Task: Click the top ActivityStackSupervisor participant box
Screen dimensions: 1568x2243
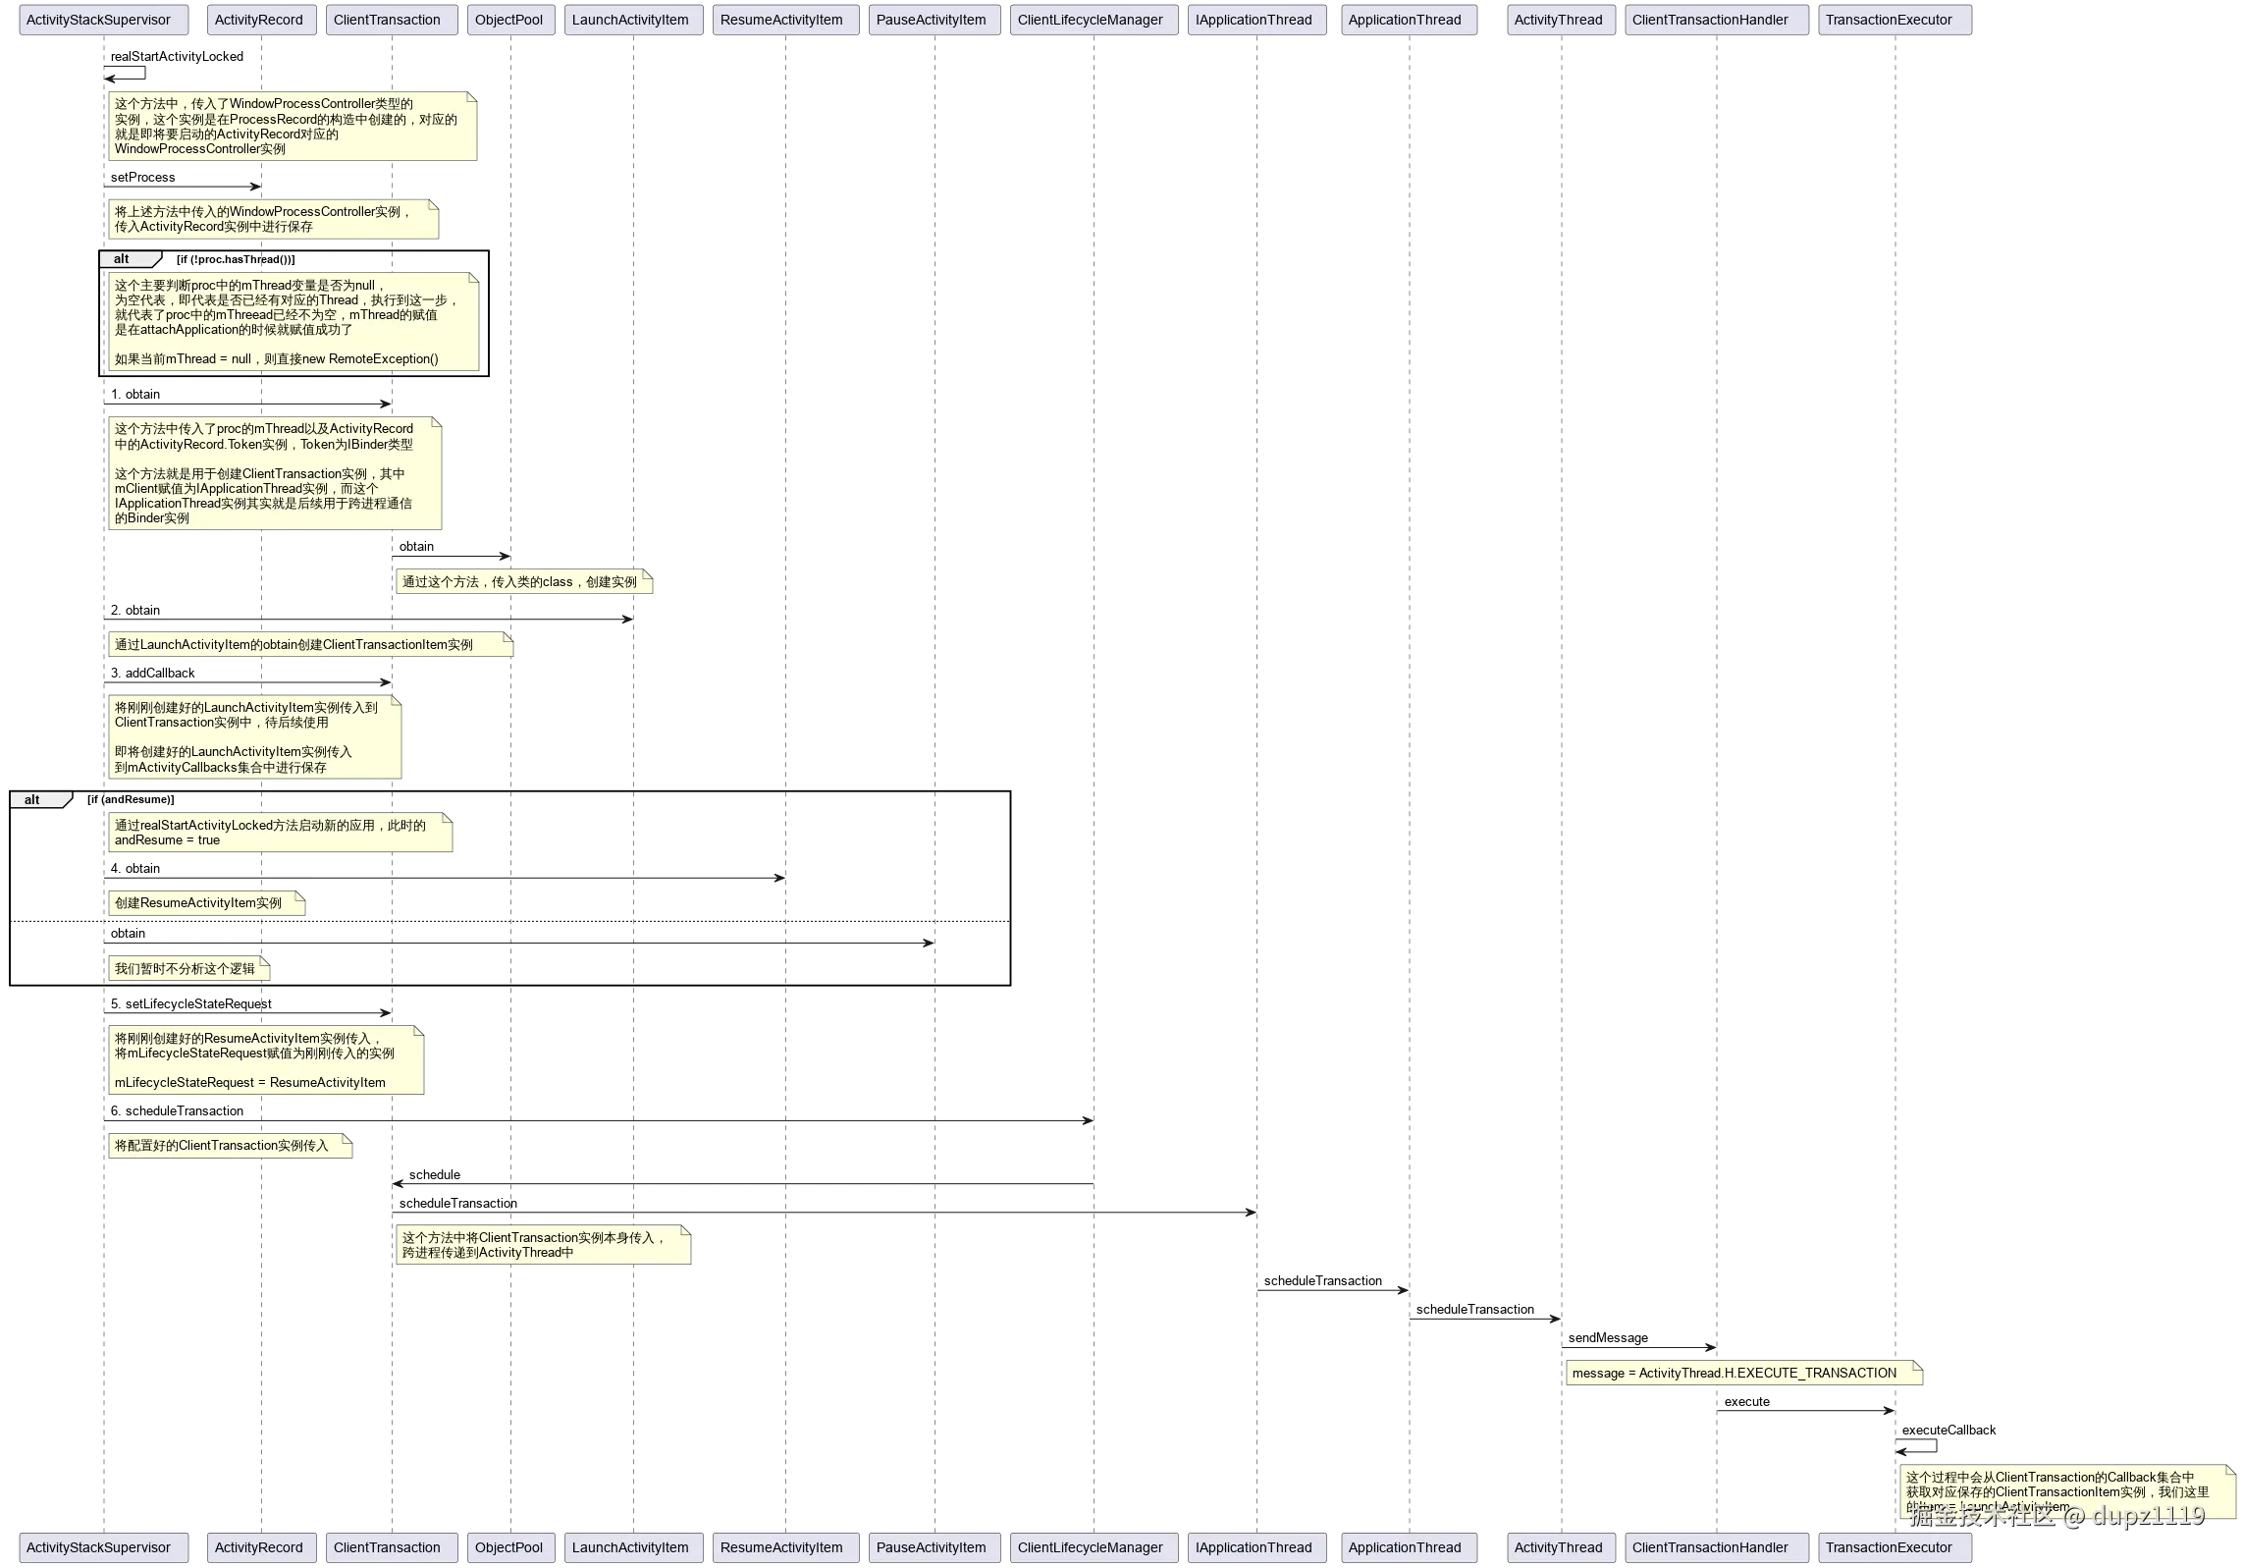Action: pyautogui.click(x=100, y=21)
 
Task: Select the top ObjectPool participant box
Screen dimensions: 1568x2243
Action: pyautogui.click(x=509, y=21)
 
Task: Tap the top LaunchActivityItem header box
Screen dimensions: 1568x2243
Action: pyautogui.click(x=631, y=21)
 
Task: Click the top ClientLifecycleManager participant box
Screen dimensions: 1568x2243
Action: pyautogui.click(x=1091, y=21)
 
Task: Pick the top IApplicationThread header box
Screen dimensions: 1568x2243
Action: pyautogui.click(x=1254, y=21)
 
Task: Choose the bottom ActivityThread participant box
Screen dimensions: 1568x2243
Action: pyautogui.click(x=1559, y=1547)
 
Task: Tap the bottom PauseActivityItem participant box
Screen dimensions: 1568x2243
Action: pyautogui.click(x=932, y=1547)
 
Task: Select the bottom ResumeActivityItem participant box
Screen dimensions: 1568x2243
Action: pyautogui.click(x=782, y=1547)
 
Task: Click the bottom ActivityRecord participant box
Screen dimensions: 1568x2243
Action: pyautogui.click(x=259, y=1547)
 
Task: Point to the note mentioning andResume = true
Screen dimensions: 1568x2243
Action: pyautogui.click(x=280, y=833)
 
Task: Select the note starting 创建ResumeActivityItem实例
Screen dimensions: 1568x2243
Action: pyautogui.click(x=205, y=903)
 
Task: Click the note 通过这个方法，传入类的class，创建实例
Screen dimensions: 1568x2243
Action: pyautogui.click(x=522, y=582)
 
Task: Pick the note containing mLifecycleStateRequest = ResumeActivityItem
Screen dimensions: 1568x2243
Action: pyautogui.click(x=265, y=1060)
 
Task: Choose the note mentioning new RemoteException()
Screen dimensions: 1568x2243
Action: pyautogui.click(x=292, y=321)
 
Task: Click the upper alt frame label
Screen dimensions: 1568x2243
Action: pyautogui.click(x=127, y=259)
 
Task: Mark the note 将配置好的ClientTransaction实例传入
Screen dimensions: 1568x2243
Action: pyautogui.click(x=229, y=1146)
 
